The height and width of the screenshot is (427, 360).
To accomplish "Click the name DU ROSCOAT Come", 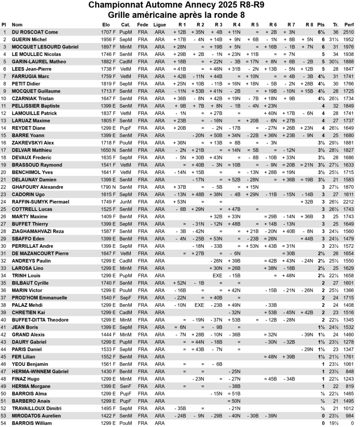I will [x=35, y=32].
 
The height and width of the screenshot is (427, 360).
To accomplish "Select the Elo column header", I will [x=106, y=25].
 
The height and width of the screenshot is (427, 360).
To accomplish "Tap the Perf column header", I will [x=349, y=25].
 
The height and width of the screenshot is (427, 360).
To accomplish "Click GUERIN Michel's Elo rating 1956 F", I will [x=108, y=40].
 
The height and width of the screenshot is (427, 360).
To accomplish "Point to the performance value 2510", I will [x=349, y=32].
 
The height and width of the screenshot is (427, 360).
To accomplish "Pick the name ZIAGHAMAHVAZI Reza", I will [x=37, y=231].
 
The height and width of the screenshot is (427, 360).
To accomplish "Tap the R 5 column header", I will [x=255, y=25].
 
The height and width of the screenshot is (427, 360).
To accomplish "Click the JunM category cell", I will [x=125, y=202].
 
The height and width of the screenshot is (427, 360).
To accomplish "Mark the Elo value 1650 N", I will [x=108, y=150].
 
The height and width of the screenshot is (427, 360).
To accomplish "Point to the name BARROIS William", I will [x=31, y=423].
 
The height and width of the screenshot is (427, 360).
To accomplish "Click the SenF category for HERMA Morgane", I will [x=125, y=386].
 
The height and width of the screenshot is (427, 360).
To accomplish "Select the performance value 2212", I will [x=349, y=202].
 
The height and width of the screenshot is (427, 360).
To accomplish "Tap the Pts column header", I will [x=321, y=25].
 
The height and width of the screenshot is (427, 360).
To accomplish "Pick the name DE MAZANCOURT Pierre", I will [x=40, y=253].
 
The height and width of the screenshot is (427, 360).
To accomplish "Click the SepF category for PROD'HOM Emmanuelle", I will [x=125, y=298].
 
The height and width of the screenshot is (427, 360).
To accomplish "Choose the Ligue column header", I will [x=160, y=25].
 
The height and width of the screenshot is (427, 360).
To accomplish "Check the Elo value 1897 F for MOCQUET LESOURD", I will [x=108, y=47].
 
